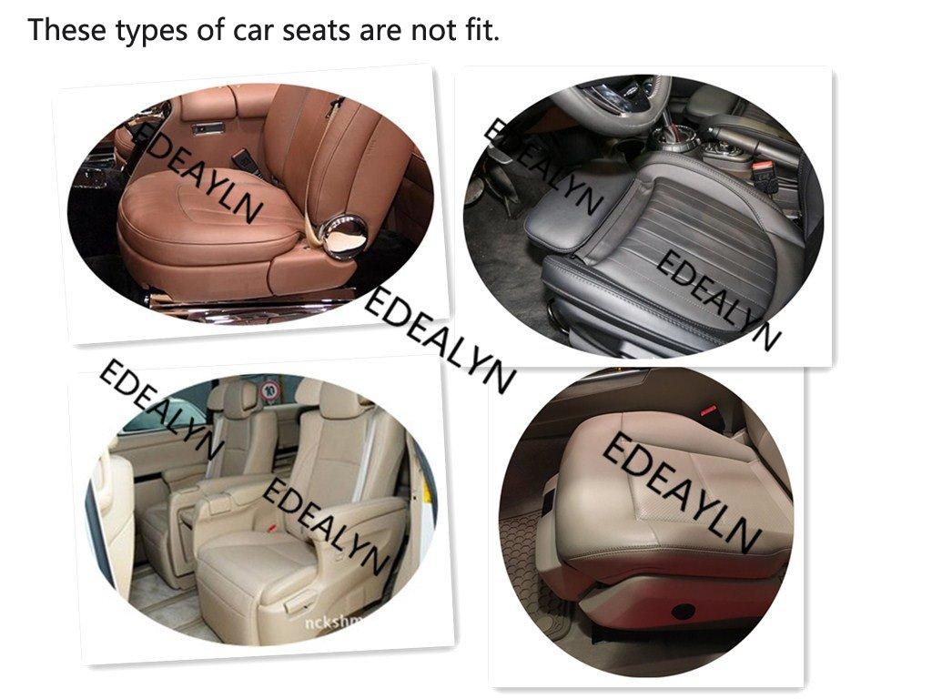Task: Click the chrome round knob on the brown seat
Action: tap(347, 235)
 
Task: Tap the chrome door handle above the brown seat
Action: tap(208, 128)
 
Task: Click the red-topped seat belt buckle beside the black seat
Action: tap(763, 171)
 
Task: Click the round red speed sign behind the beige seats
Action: tap(269, 391)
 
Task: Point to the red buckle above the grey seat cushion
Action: tap(709, 411)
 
